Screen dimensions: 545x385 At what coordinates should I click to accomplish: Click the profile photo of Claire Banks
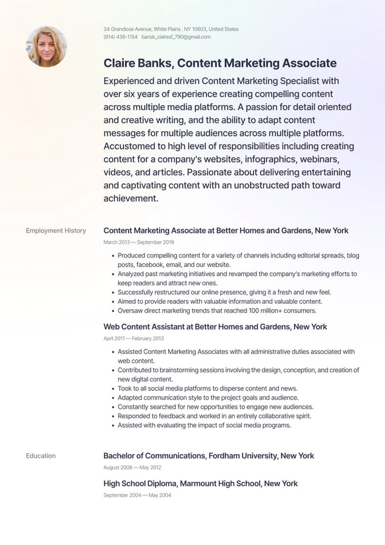(46, 46)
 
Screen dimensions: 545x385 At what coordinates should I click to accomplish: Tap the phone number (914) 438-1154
(121, 37)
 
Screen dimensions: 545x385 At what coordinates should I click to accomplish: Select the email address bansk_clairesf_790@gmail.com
(176, 37)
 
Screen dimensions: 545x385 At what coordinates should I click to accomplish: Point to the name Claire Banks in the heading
(136, 63)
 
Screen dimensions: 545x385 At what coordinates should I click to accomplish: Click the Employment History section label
(56, 231)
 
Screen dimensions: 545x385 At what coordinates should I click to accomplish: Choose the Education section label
(41, 456)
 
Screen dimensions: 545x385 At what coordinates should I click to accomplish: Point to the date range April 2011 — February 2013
(134, 338)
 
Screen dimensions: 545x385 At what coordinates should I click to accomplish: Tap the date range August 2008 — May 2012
(132, 468)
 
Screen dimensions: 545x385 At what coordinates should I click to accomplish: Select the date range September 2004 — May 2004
(137, 495)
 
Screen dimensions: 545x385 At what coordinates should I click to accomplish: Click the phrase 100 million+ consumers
(278, 310)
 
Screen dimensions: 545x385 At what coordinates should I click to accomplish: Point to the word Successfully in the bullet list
(138, 292)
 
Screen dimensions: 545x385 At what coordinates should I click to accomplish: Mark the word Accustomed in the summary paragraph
(131, 146)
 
